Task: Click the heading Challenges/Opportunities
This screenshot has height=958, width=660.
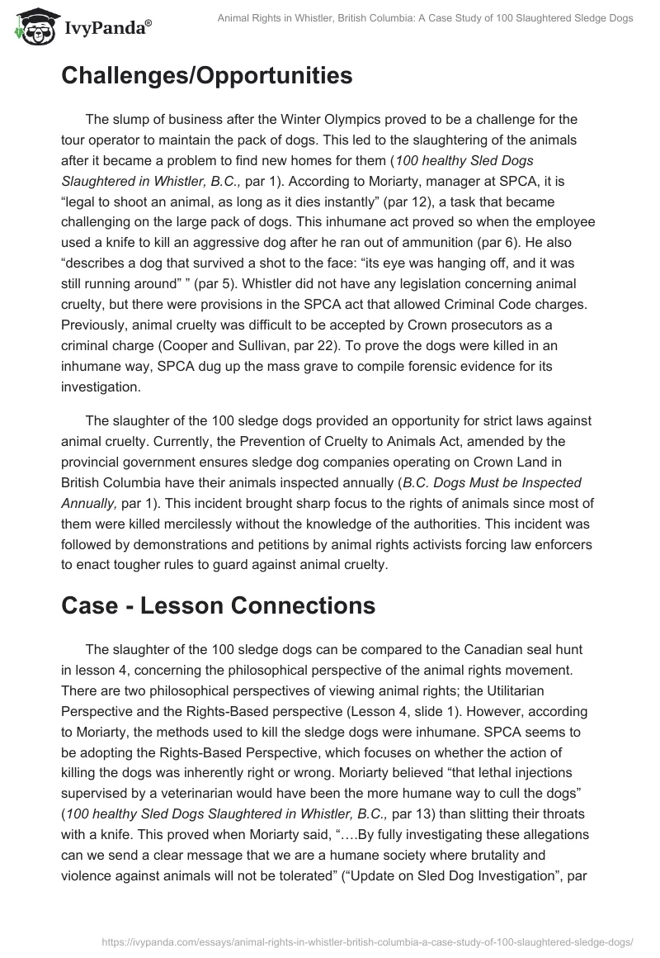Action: coord(206,76)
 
